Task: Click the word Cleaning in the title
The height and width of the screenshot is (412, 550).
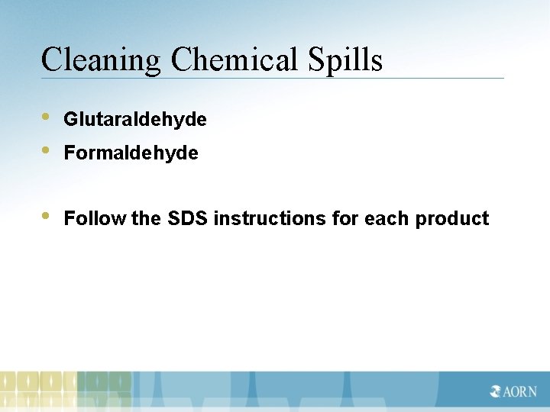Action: click(x=101, y=60)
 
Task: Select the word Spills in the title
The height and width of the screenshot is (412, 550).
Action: click(x=346, y=60)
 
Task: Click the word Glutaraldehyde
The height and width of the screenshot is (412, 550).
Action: click(x=135, y=120)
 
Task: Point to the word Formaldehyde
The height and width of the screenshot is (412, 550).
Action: click(x=131, y=153)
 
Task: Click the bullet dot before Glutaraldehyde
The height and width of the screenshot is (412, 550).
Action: click(x=47, y=117)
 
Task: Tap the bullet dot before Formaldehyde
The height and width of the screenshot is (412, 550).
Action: click(x=47, y=151)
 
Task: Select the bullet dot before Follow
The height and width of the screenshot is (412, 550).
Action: click(x=47, y=217)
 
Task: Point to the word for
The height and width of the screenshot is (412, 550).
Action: click(x=346, y=219)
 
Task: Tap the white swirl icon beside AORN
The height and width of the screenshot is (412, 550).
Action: click(x=496, y=392)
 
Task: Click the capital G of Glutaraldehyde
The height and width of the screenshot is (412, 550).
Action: click(x=70, y=120)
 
